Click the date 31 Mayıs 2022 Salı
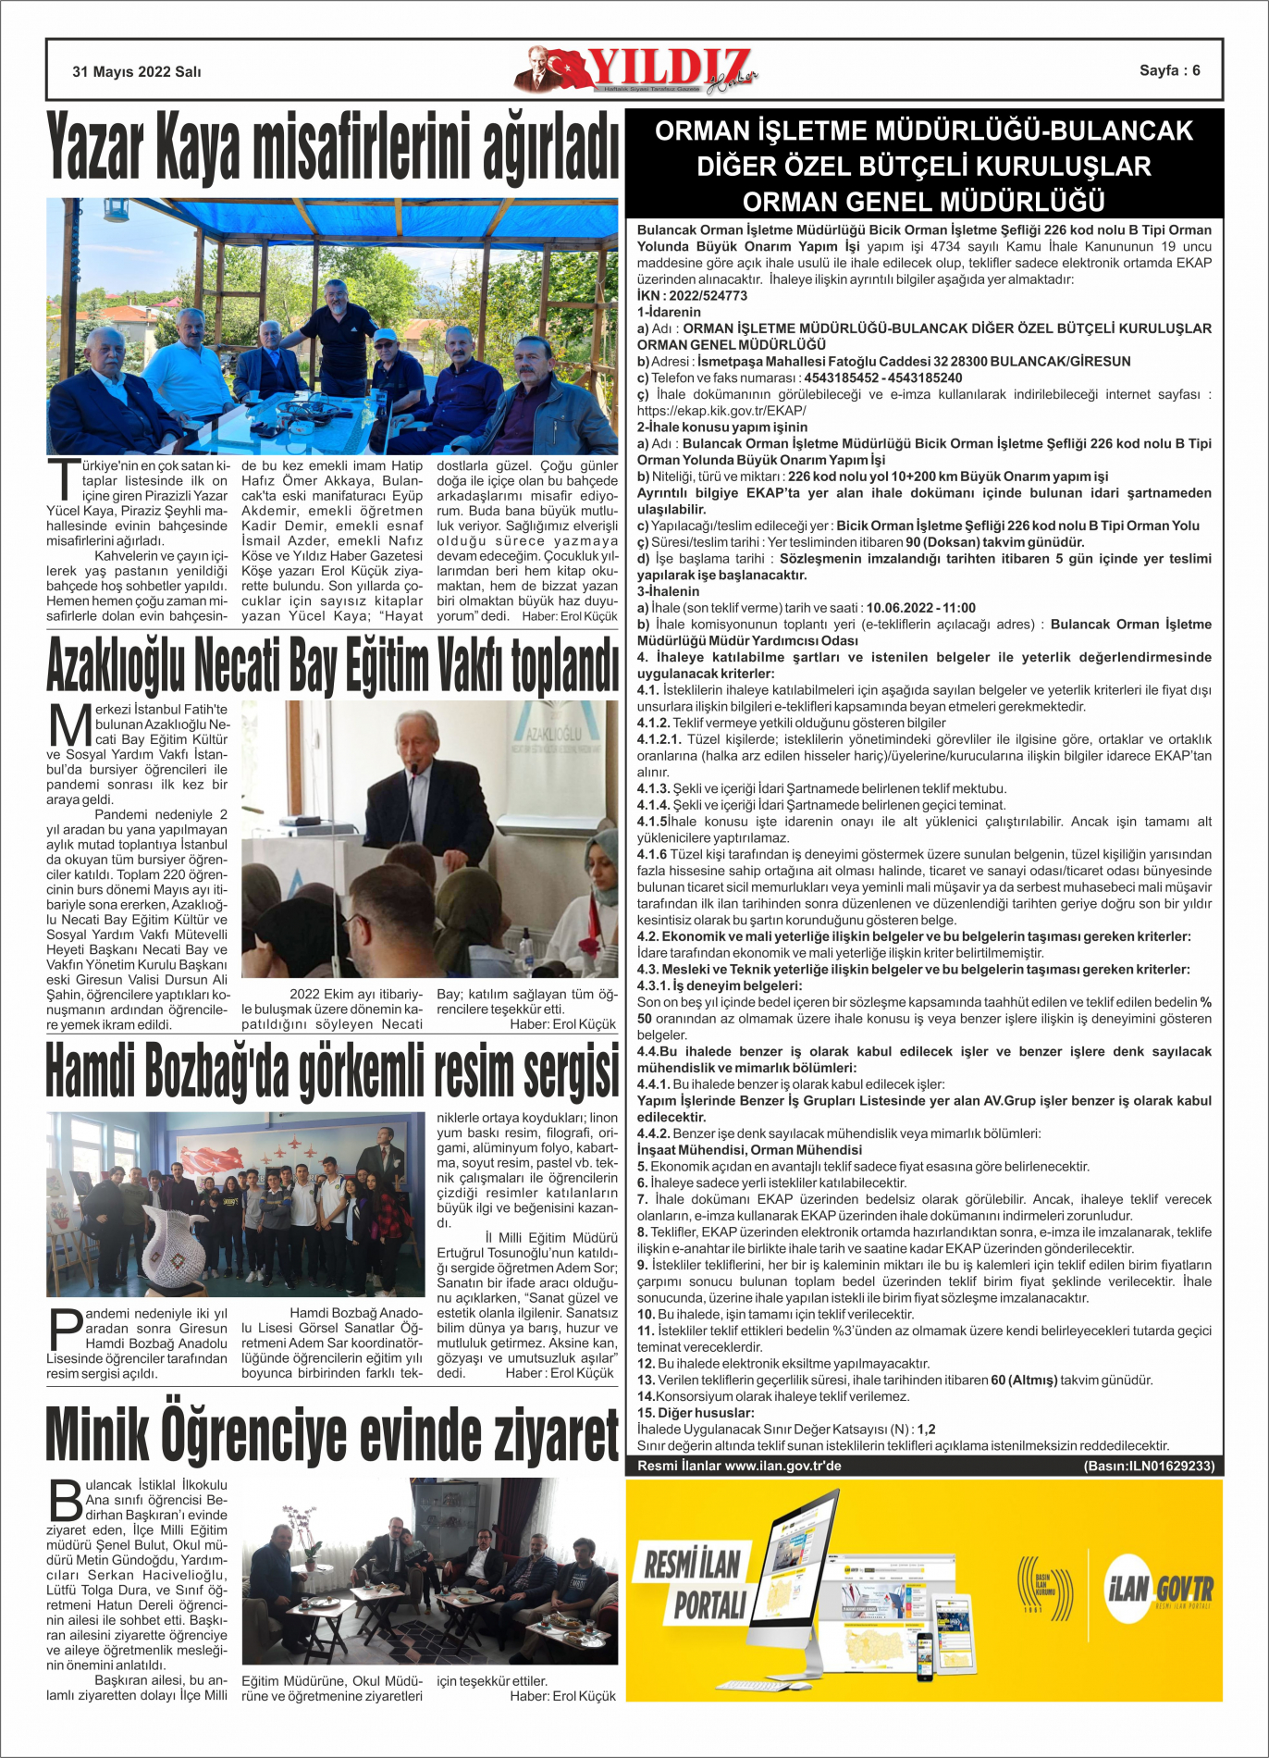(137, 71)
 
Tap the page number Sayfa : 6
(1169, 70)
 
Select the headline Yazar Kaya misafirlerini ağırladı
(332, 147)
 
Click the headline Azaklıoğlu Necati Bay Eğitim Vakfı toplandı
(332, 664)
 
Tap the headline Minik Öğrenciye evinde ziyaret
(332, 1436)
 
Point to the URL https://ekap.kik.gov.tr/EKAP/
(721, 411)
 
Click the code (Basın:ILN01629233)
(1149, 1466)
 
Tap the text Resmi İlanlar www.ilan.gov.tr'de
(739, 1466)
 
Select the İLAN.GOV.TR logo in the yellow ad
(1160, 1591)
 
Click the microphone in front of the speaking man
(414, 772)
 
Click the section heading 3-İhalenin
(668, 591)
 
